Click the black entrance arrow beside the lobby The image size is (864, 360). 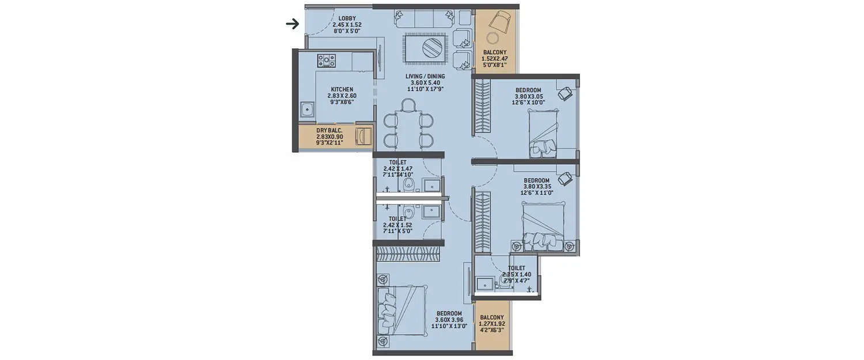pos(293,24)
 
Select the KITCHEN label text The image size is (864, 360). pos(342,89)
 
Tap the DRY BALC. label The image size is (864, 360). pos(329,130)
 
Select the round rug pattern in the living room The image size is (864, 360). pos(431,48)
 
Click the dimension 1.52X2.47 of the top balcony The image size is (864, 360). pos(495,59)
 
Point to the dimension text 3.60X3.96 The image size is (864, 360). pos(448,320)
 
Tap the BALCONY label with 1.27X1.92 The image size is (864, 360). pos(492,317)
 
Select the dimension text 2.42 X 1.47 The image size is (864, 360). pos(398,168)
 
